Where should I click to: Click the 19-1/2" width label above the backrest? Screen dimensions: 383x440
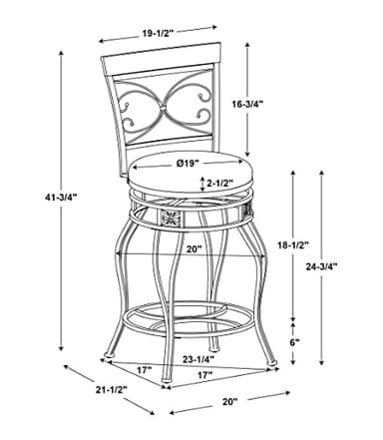(x=159, y=33)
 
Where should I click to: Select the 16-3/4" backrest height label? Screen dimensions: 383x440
(x=247, y=104)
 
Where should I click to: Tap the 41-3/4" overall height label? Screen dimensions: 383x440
(x=61, y=197)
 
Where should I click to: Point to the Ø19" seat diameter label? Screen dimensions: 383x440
(x=188, y=163)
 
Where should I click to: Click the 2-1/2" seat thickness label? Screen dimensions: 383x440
(x=219, y=183)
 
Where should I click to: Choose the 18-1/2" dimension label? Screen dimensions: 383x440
(x=293, y=245)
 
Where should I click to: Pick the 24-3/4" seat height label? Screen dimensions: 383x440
(x=322, y=266)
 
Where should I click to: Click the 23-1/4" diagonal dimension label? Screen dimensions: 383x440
(x=198, y=359)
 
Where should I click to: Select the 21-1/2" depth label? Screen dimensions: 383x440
(x=112, y=389)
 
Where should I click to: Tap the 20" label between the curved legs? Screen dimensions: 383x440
(x=193, y=248)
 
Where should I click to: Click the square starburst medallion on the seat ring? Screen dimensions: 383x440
(x=171, y=218)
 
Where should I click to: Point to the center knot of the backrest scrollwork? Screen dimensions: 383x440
(x=163, y=108)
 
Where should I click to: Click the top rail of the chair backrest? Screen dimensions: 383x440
(x=162, y=55)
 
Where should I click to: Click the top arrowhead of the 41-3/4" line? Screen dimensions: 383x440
(x=61, y=55)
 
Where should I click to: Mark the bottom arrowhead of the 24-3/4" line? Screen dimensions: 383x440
(x=321, y=362)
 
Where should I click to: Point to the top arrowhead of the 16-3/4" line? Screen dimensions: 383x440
(x=247, y=45)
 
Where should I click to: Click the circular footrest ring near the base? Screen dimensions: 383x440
(x=188, y=318)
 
